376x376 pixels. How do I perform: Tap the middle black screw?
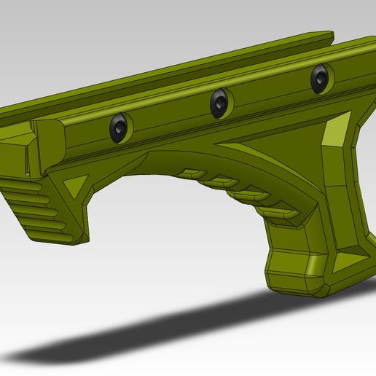click(219, 103)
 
